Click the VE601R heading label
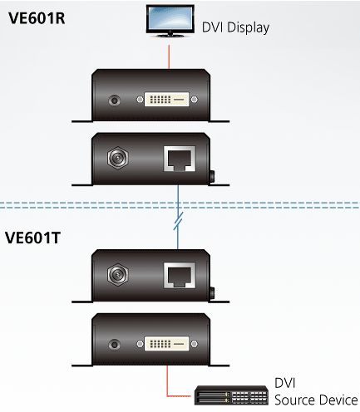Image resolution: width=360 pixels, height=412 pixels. (x=37, y=18)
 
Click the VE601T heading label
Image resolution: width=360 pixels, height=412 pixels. (x=32, y=238)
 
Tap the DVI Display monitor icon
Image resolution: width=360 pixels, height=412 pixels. (x=170, y=21)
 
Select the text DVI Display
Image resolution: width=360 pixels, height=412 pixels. (x=235, y=27)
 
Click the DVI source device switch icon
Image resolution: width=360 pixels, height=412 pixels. (x=231, y=395)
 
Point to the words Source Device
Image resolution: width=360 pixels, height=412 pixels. (x=316, y=400)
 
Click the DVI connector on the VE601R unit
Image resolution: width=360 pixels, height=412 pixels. (x=167, y=100)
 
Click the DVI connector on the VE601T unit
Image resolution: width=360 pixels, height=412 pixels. (x=167, y=344)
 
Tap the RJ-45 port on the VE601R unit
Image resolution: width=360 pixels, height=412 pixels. (x=180, y=159)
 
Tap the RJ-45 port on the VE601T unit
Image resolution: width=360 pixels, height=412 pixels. (x=180, y=276)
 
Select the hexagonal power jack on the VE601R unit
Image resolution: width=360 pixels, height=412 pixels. (x=118, y=158)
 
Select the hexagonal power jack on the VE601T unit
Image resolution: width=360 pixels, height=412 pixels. (x=118, y=275)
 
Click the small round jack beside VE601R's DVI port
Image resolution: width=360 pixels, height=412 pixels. (x=114, y=100)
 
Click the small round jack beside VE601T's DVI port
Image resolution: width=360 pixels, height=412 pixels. (x=114, y=345)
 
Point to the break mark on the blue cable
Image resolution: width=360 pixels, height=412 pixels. (x=178, y=221)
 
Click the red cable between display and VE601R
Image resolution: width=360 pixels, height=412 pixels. (x=169, y=57)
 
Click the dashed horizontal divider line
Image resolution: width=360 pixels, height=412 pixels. (x=180, y=205)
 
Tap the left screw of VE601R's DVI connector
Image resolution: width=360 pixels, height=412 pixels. (x=141, y=100)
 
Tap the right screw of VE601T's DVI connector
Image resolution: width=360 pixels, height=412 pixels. (x=195, y=344)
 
